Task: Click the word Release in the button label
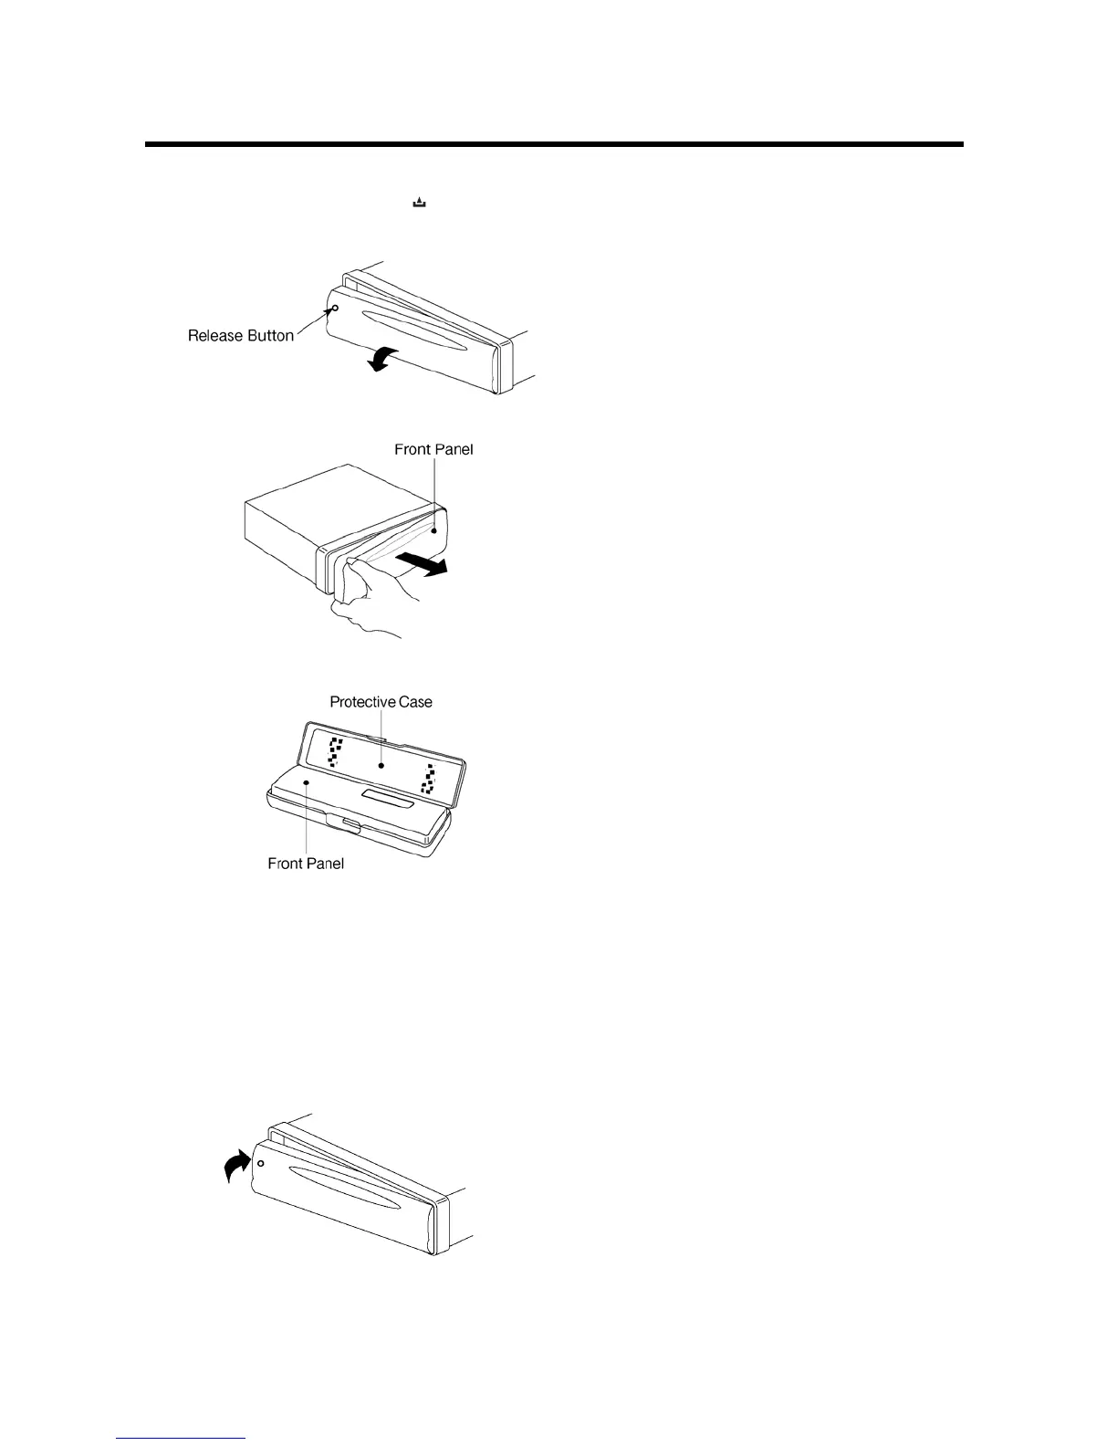point(215,336)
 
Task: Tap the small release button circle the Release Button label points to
point(335,309)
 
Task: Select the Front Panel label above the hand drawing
point(433,449)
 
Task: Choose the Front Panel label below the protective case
point(306,863)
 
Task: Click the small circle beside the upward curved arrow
point(261,1164)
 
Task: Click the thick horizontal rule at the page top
point(554,144)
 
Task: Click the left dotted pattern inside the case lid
point(335,751)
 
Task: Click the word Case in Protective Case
point(416,702)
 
